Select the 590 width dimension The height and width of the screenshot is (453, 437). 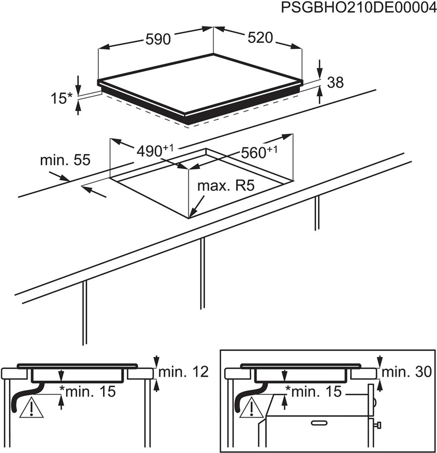click(159, 39)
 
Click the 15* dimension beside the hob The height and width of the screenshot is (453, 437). click(61, 98)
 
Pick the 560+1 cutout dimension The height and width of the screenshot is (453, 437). click(258, 152)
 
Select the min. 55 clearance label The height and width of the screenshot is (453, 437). click(65, 160)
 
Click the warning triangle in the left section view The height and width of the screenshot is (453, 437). click(30, 409)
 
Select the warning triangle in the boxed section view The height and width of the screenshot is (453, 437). click(251, 409)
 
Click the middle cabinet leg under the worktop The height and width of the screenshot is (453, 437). click(202, 272)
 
